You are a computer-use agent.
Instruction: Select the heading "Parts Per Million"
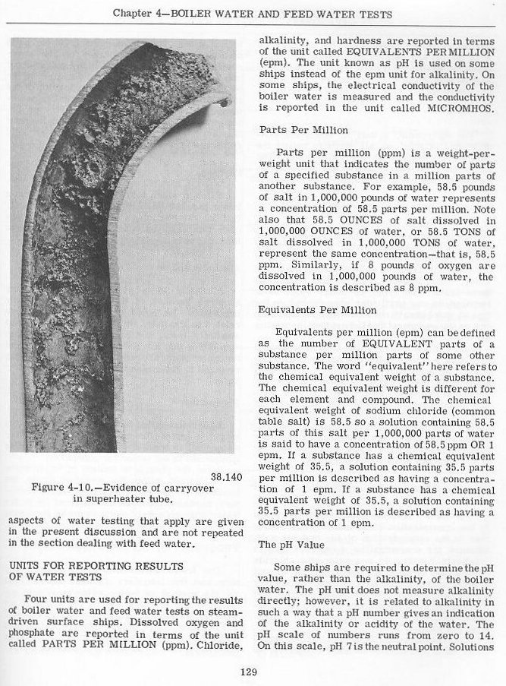pyautogui.click(x=293, y=130)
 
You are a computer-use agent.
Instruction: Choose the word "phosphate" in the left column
pyautogui.click(x=33, y=635)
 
